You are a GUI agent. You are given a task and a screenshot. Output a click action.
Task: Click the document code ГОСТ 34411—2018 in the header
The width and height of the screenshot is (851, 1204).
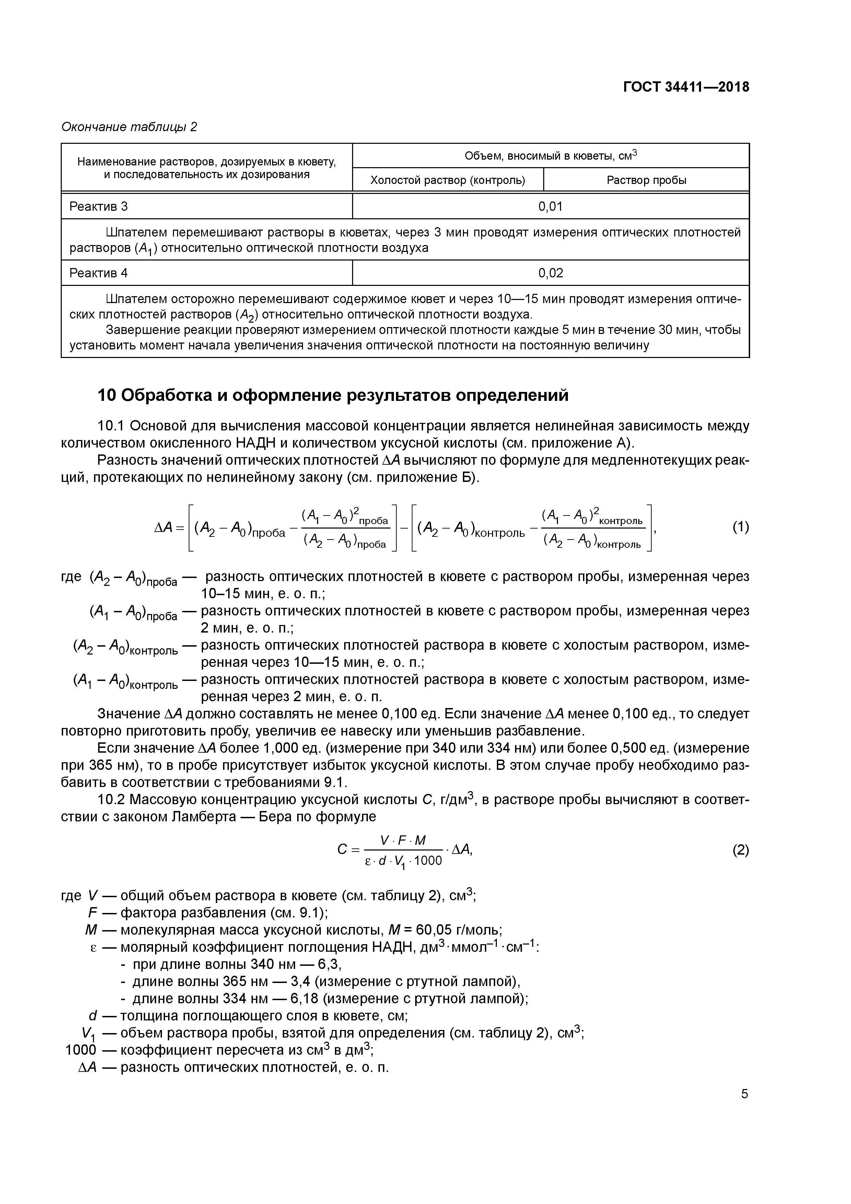click(686, 87)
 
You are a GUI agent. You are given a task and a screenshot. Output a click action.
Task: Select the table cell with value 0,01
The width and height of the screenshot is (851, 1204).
click(550, 207)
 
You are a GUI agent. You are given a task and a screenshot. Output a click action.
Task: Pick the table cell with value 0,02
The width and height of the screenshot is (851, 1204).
click(550, 273)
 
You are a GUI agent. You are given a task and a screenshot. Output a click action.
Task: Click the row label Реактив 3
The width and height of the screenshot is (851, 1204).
click(98, 207)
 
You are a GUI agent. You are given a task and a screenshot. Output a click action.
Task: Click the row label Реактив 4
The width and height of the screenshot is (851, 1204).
click(98, 273)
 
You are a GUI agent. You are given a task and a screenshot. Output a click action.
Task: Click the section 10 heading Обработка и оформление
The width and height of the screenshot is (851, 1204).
click(333, 395)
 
